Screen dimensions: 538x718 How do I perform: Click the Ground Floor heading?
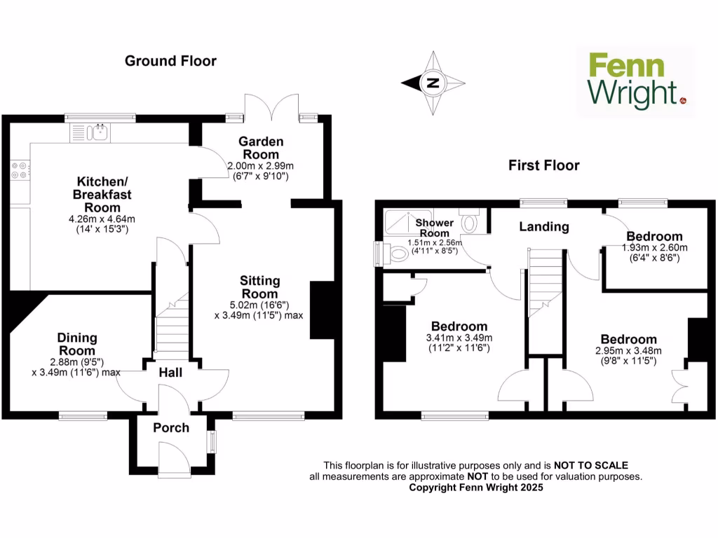[x=170, y=61]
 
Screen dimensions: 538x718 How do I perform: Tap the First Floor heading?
[x=544, y=165]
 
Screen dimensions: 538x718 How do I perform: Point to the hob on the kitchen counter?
[x=19, y=170]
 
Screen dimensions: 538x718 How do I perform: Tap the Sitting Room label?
[x=260, y=287]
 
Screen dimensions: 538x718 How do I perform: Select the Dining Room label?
[x=77, y=344]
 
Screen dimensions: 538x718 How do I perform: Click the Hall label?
[x=170, y=373]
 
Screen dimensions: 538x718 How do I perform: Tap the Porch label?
[x=171, y=427]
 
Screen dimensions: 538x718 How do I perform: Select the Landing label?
[x=543, y=227]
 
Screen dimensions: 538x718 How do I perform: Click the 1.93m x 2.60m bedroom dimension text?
[x=654, y=247]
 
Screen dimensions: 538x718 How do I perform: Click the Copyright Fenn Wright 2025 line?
[x=475, y=488]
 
